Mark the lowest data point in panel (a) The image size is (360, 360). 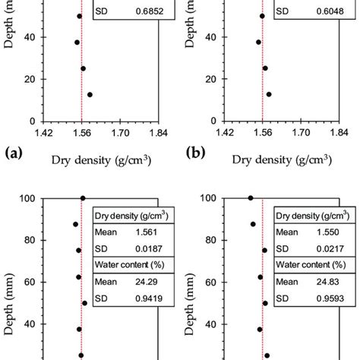coord(90,95)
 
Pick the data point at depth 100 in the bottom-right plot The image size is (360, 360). coord(251,198)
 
